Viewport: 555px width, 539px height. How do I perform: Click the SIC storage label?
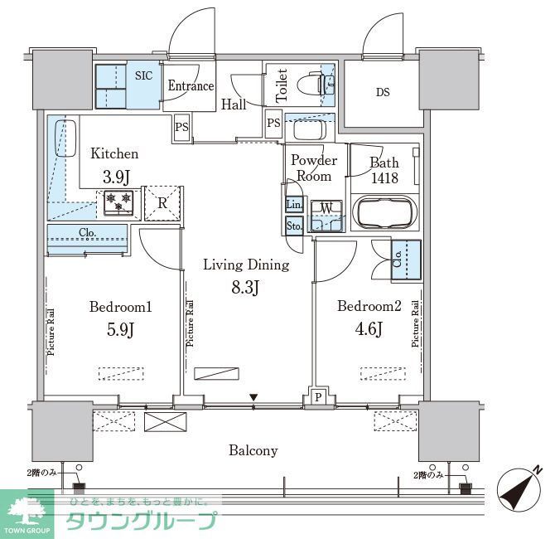(143, 75)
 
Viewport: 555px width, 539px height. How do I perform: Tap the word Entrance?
(191, 86)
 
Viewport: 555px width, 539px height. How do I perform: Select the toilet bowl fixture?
(319, 83)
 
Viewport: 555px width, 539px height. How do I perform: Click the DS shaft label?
(382, 92)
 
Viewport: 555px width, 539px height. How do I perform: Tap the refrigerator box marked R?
(162, 202)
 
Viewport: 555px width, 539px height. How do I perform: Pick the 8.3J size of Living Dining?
(246, 288)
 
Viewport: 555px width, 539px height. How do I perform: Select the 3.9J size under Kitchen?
(114, 176)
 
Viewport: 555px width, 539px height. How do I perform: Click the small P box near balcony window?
(318, 397)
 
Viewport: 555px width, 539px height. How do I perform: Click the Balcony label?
(253, 451)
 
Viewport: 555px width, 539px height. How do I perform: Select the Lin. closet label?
(293, 205)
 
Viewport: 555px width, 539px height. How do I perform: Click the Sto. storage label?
(293, 225)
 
